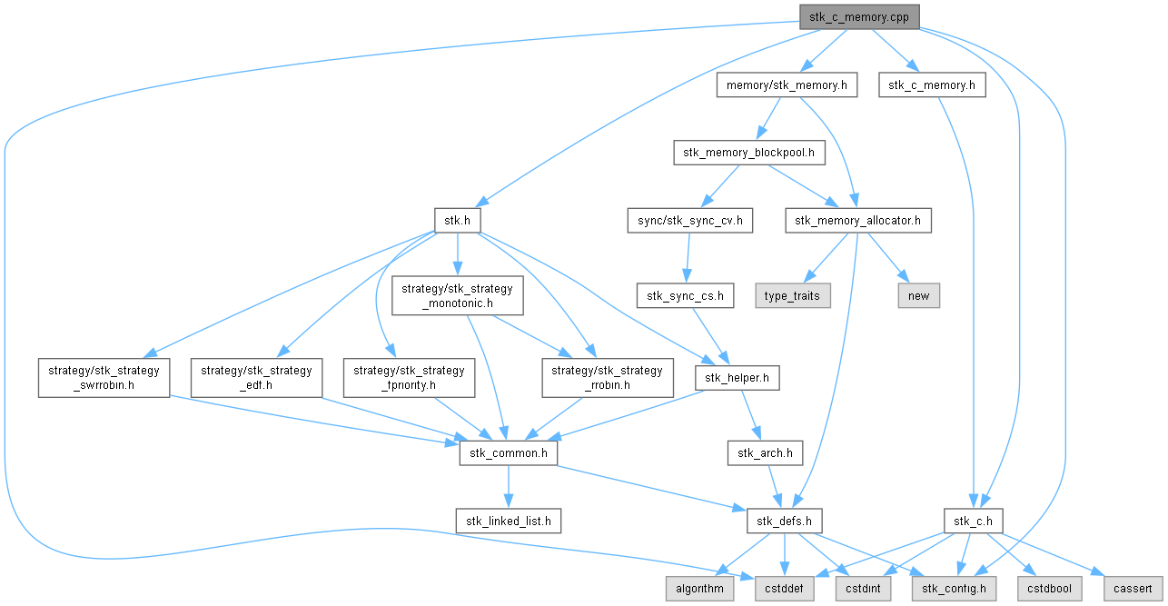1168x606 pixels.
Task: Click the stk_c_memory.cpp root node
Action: (859, 17)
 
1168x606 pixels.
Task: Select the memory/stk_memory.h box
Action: (787, 85)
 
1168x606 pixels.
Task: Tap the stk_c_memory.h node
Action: (932, 85)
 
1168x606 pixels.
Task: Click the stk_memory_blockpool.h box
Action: (748, 153)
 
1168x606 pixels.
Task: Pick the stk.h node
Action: (457, 221)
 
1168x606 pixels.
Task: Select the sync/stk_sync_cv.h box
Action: (690, 221)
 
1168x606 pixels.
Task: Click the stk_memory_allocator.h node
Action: (857, 221)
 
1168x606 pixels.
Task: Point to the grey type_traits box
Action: (793, 295)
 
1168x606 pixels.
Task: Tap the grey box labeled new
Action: (919, 295)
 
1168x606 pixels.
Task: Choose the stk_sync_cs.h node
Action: (685, 295)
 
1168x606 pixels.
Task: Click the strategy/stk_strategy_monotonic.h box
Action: (457, 295)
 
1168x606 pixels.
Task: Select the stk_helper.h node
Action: (737, 378)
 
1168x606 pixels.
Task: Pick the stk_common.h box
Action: (509, 452)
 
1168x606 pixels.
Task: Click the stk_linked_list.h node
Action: (509, 521)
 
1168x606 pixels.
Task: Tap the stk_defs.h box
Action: (784, 521)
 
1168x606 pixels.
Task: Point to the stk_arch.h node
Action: (765, 452)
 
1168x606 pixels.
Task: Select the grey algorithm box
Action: (699, 589)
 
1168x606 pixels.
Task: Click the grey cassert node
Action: (1133, 589)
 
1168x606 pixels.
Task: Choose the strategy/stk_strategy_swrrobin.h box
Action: (104, 378)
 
